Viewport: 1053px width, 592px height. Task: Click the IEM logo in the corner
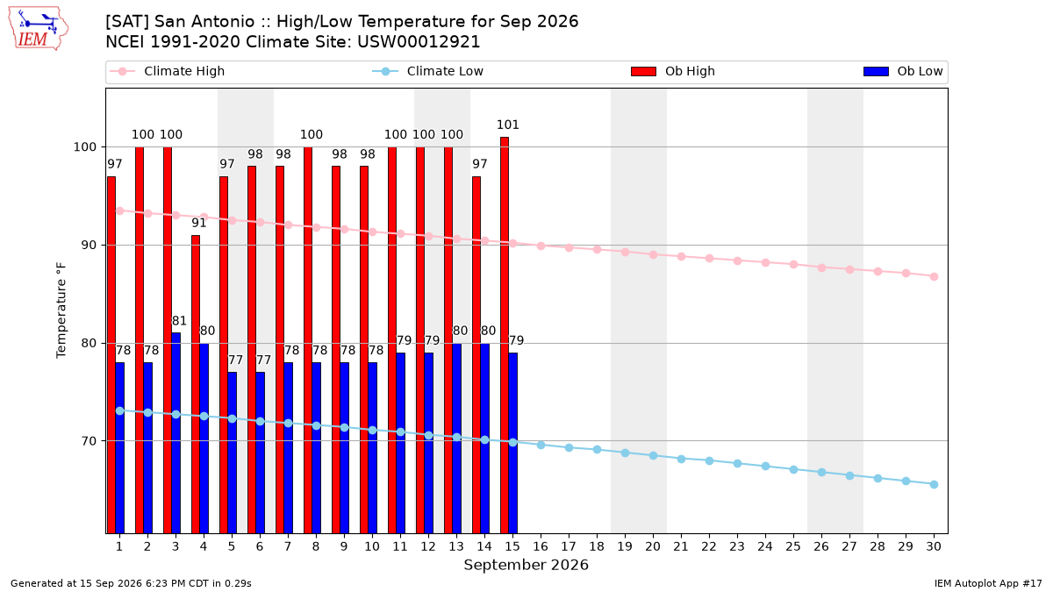click(38, 28)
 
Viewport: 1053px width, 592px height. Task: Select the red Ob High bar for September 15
click(505, 335)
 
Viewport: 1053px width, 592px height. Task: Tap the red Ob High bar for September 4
click(196, 384)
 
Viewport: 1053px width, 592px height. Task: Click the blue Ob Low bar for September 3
click(175, 433)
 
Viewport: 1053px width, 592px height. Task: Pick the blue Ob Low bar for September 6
click(260, 453)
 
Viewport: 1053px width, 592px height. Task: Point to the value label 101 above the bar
click(508, 125)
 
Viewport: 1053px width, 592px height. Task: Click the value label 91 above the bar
click(199, 223)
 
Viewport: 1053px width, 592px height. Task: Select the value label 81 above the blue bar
click(179, 321)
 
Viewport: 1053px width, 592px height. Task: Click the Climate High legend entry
click(167, 71)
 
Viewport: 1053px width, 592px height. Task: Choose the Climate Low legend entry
click(427, 71)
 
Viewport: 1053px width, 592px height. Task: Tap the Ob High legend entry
click(673, 71)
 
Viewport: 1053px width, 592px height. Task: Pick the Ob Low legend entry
click(903, 71)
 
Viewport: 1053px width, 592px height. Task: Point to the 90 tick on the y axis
click(84, 246)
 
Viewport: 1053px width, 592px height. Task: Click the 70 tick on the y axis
click(84, 441)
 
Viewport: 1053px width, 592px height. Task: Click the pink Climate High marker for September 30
click(934, 277)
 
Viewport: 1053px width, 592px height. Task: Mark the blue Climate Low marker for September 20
click(653, 456)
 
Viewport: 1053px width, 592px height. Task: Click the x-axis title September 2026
click(526, 565)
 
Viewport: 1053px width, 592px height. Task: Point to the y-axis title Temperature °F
click(61, 310)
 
